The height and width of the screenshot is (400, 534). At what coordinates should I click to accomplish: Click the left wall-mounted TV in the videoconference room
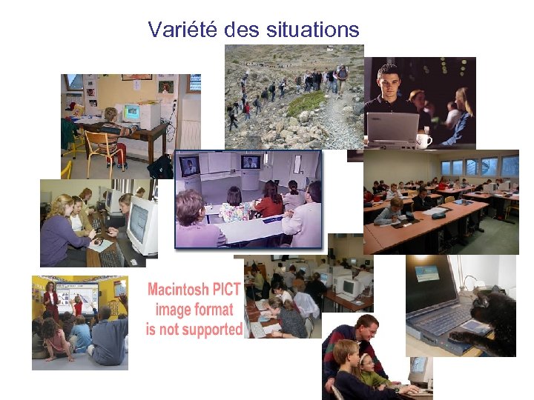pos(190,164)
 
